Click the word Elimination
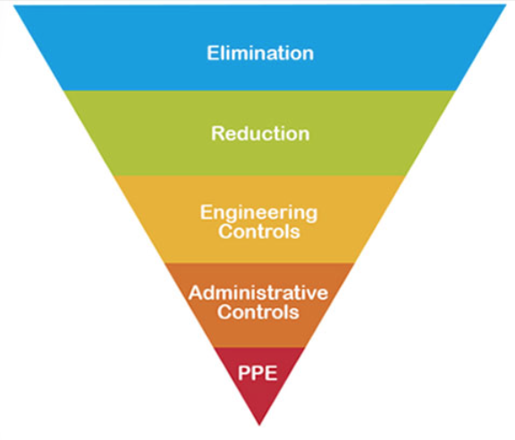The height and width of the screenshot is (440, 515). click(260, 53)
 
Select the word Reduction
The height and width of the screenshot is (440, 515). click(260, 133)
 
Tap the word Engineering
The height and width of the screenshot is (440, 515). click(258, 214)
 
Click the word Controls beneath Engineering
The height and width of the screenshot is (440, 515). click(259, 232)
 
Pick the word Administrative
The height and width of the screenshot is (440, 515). click(258, 292)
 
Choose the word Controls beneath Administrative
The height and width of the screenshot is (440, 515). click(258, 311)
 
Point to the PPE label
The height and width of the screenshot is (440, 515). click(257, 373)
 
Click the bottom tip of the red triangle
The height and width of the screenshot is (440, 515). click(259, 426)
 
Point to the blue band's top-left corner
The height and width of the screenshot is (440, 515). click(13, 5)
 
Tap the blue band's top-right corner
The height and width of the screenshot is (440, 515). click(507, 5)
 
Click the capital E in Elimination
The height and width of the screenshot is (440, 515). click(213, 53)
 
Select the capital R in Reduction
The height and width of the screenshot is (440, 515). click(218, 133)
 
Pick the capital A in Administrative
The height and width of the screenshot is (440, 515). click(197, 292)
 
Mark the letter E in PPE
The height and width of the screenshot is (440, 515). click(271, 373)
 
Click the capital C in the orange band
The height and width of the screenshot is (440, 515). click(224, 311)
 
